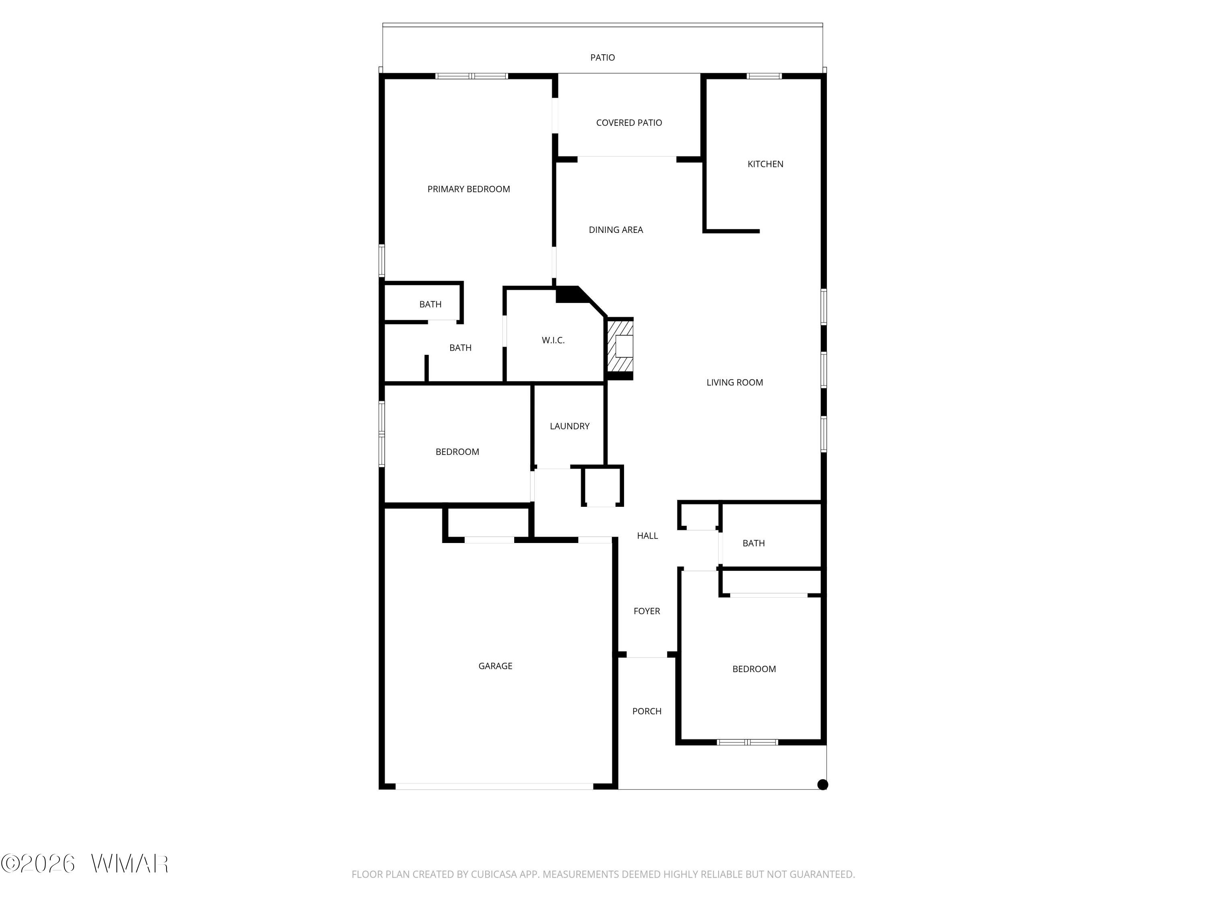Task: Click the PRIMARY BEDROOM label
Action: (469, 189)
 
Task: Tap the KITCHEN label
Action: (765, 164)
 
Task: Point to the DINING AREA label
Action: (616, 230)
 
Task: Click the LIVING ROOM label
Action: (734, 383)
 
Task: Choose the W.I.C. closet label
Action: (553, 340)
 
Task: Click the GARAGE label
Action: (495, 666)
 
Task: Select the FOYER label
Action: (647, 611)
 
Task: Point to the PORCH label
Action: (647, 712)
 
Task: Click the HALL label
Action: (647, 536)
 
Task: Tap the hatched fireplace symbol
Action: (620, 346)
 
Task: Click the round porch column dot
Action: (823, 784)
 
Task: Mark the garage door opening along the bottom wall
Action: (494, 787)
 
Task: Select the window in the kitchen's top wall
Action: (764, 76)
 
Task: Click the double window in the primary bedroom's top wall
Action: (472, 76)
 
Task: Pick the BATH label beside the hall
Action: (754, 543)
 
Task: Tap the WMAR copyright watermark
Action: (84, 864)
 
